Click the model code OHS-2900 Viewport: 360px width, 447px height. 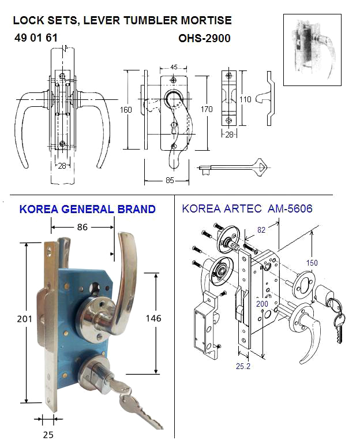coord(205,39)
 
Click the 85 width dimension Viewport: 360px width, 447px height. coord(170,181)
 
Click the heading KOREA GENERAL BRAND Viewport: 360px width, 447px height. coord(87,209)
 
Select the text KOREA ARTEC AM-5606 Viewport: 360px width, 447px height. coord(247,208)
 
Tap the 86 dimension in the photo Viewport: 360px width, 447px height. coord(82,228)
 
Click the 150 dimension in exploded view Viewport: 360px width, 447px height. coord(312,263)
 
